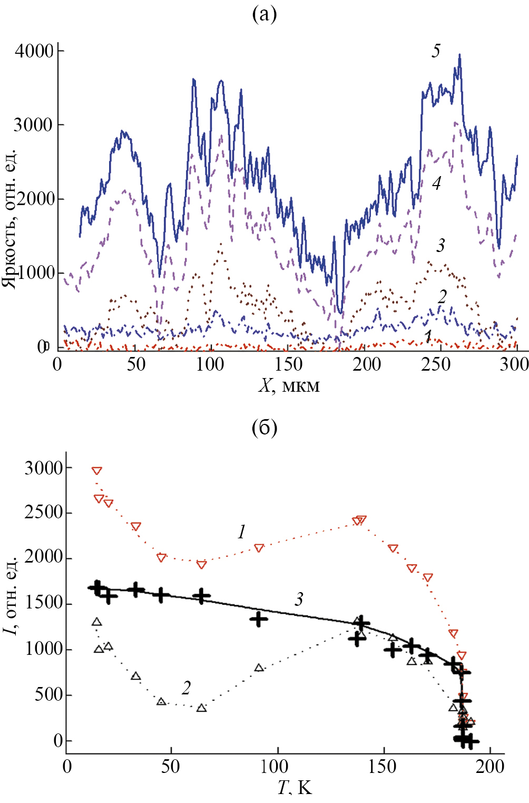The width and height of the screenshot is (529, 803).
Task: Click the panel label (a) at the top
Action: coord(264,14)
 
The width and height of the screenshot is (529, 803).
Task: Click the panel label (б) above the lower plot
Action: coord(264,428)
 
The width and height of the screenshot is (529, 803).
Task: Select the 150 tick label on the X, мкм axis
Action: coord(289,364)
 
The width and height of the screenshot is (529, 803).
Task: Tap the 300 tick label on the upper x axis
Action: coord(514,364)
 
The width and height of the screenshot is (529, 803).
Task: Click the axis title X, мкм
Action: coord(289,385)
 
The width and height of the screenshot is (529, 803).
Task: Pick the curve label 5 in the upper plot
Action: coord(436,51)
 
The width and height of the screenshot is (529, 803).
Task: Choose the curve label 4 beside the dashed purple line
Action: coord(436,183)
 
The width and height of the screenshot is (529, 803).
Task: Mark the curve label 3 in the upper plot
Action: coord(440,245)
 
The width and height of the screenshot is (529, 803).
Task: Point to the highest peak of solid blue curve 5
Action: coord(459,55)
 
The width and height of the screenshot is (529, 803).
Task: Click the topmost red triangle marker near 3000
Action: coord(96,470)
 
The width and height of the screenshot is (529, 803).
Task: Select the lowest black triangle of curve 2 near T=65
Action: coord(201,708)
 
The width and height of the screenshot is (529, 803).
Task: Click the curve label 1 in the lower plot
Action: coord(241,532)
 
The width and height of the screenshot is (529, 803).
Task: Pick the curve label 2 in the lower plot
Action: coord(186,688)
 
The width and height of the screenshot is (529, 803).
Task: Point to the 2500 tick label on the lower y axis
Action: coord(43,512)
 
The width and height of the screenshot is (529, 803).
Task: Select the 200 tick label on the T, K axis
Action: coord(490,766)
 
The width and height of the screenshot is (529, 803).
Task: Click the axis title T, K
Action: coord(295,788)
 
